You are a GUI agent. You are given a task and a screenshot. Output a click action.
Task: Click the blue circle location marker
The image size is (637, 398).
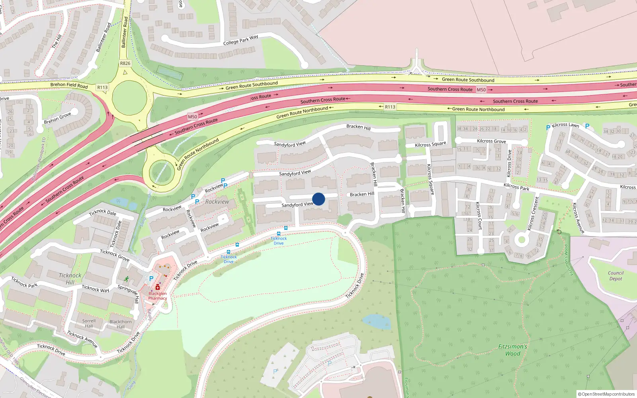pos(318,199)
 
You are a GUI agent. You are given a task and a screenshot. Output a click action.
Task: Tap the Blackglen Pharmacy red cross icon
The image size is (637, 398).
pos(158,287)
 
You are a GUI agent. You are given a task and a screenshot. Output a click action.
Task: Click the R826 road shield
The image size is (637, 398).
pos(125,63)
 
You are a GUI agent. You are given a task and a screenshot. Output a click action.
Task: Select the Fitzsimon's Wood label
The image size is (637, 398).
pos(513,350)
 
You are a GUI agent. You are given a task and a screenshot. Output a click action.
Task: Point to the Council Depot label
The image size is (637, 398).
pos(616,276)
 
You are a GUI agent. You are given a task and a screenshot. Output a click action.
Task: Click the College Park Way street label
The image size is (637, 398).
pos(240,40)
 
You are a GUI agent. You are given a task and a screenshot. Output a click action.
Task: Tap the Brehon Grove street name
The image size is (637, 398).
pos(57,118)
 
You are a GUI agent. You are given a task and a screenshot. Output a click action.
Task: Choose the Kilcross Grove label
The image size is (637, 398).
pos(491,141)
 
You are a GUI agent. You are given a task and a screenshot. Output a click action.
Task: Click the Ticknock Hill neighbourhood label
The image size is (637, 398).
pos(70,279)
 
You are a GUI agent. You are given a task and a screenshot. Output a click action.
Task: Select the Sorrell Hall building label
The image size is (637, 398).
pos(89,323)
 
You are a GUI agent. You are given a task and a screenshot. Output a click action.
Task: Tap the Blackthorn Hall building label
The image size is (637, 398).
pos(120,324)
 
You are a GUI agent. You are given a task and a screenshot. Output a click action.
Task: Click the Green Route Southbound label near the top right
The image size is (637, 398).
pos(468,80)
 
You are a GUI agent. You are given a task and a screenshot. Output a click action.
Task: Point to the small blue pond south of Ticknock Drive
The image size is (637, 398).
pos(376,322)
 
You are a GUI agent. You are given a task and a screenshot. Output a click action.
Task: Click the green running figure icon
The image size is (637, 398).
pos(127,279)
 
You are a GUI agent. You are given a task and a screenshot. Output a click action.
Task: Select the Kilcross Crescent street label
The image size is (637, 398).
pos(533,213)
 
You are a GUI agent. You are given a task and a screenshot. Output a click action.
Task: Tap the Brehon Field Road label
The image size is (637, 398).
pos(69,85)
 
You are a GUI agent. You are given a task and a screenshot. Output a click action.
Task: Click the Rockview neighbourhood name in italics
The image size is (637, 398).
pos(217,202)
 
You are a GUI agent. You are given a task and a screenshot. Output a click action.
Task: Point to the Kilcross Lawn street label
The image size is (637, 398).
pos(565,125)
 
